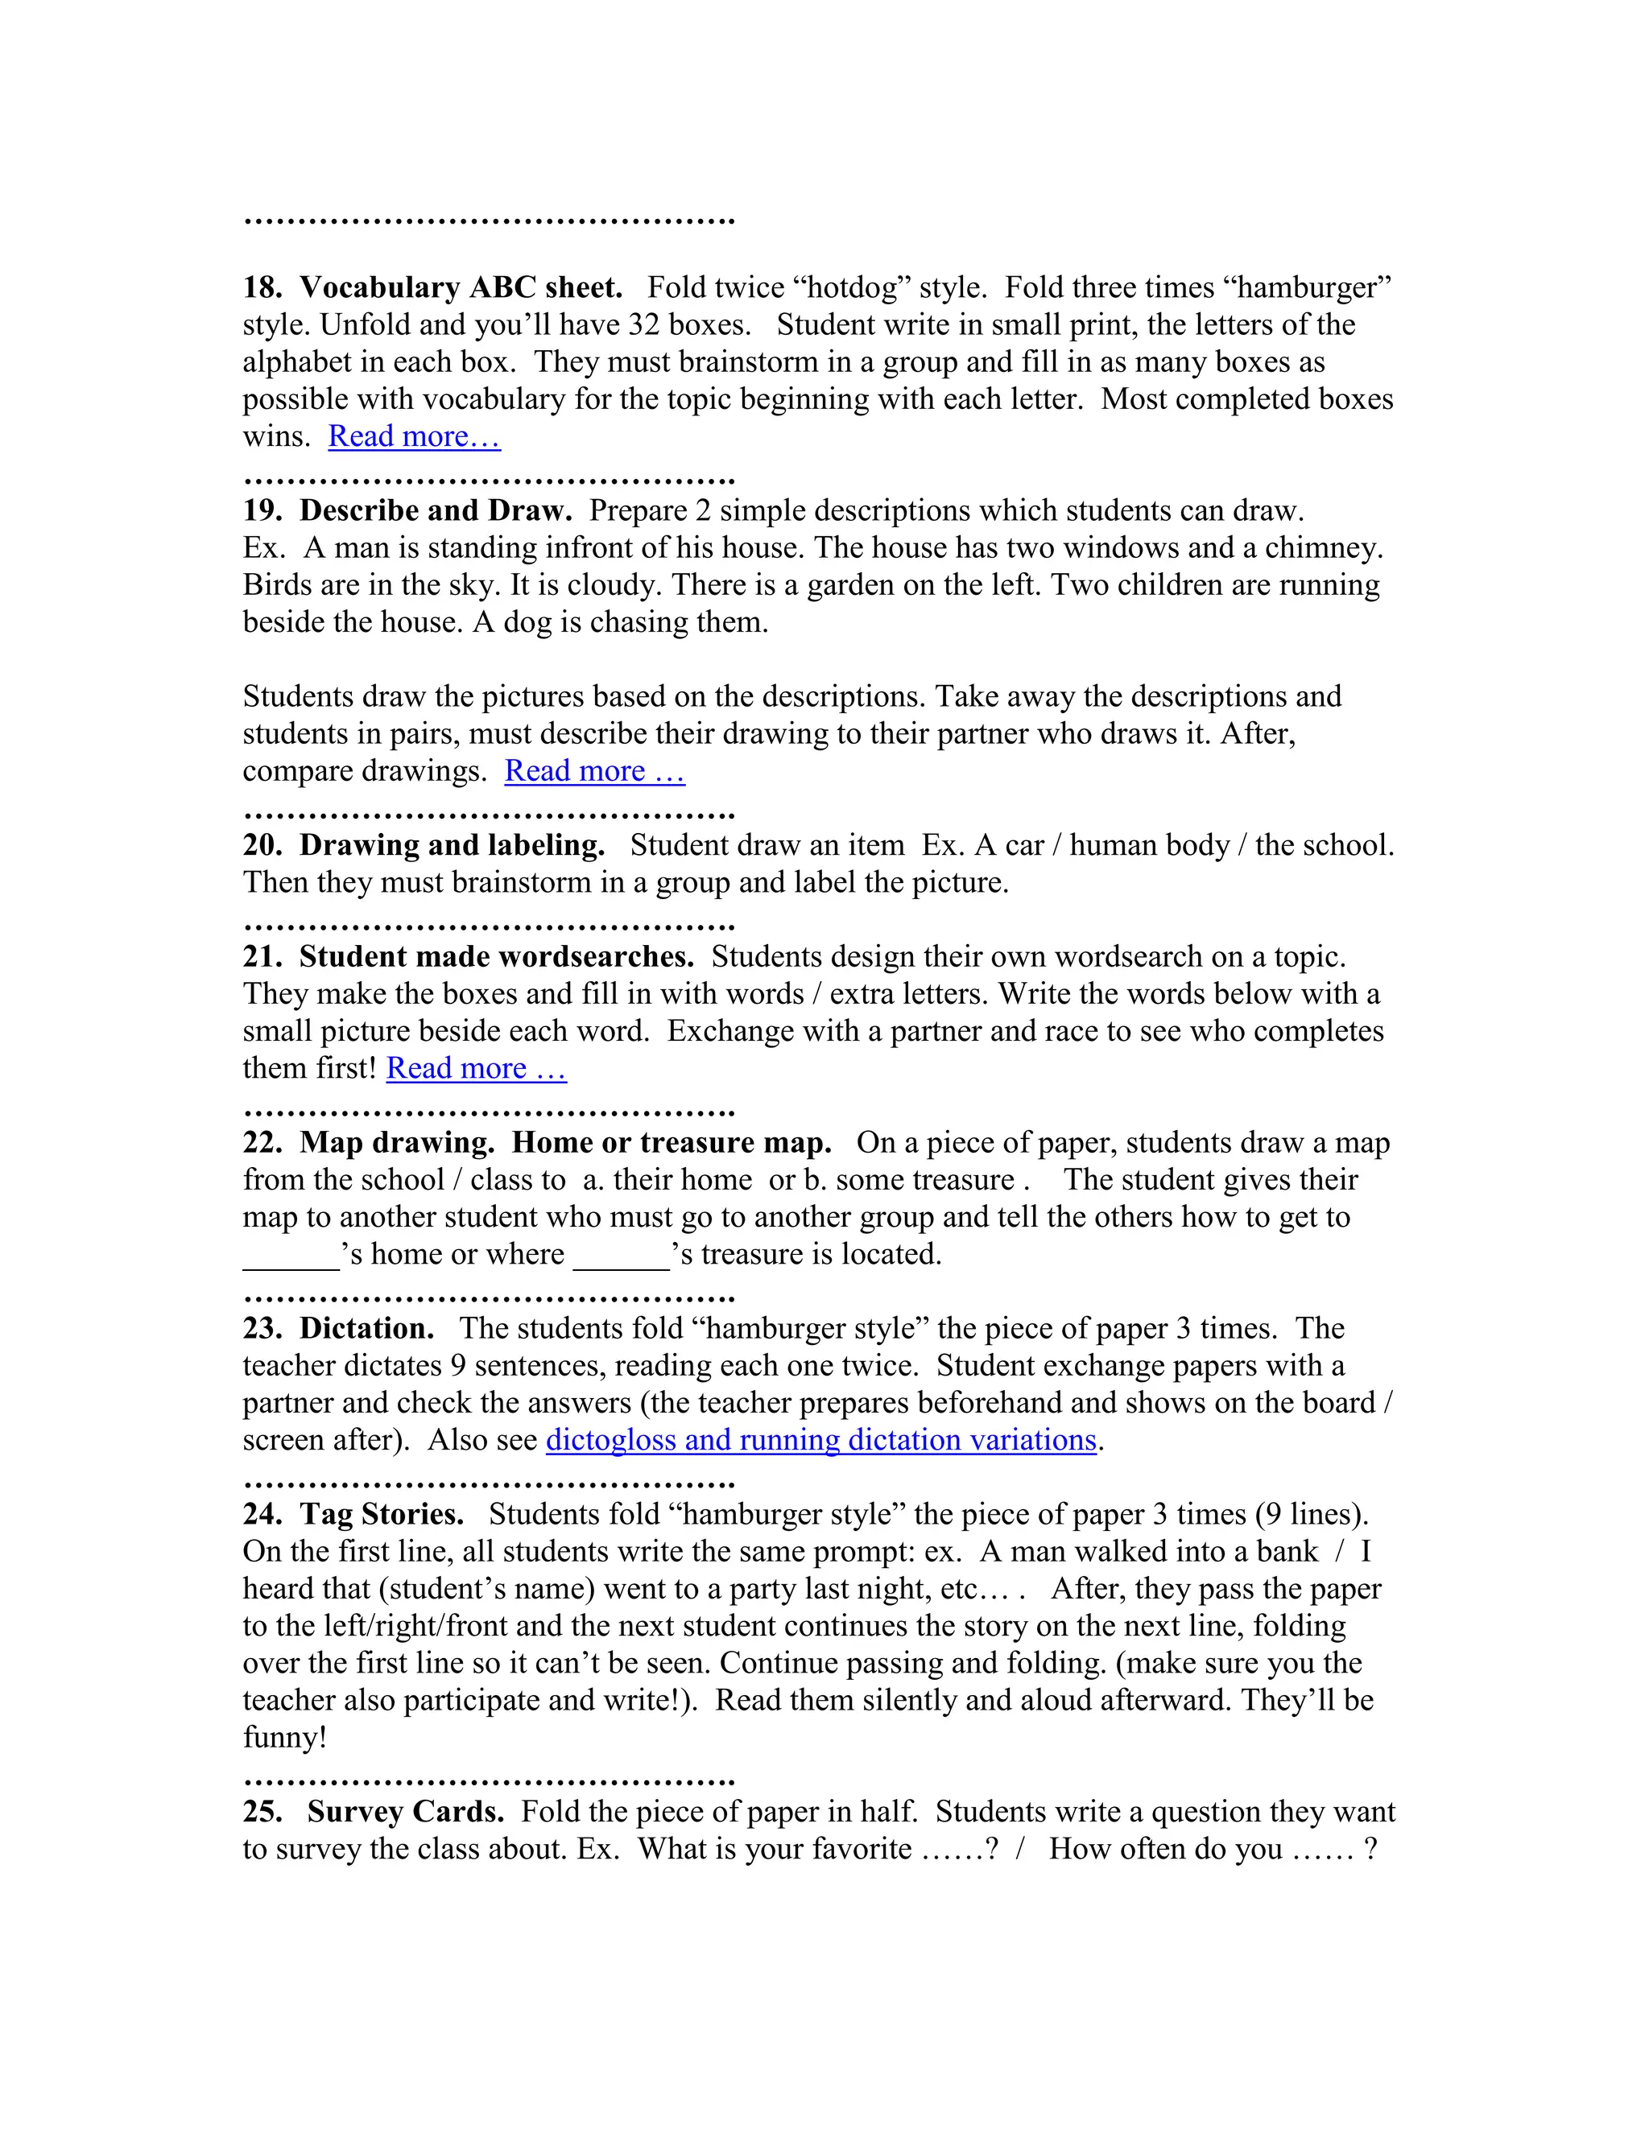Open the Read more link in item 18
click(414, 436)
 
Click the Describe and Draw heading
click(436, 511)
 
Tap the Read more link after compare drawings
click(594, 772)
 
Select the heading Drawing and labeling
click(452, 846)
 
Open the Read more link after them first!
click(476, 1068)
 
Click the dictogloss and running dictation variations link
click(820, 1441)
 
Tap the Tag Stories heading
click(381, 1515)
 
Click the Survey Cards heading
click(406, 1812)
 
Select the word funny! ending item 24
click(284, 1738)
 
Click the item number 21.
click(262, 957)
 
